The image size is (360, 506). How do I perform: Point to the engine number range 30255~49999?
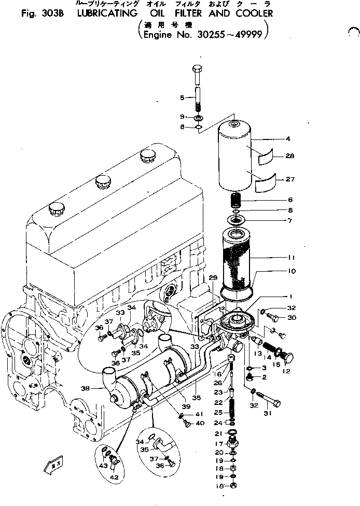tap(233, 36)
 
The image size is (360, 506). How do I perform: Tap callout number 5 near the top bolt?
tap(182, 97)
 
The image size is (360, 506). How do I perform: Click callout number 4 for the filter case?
tap(288, 139)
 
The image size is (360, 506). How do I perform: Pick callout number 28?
tap(289, 156)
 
